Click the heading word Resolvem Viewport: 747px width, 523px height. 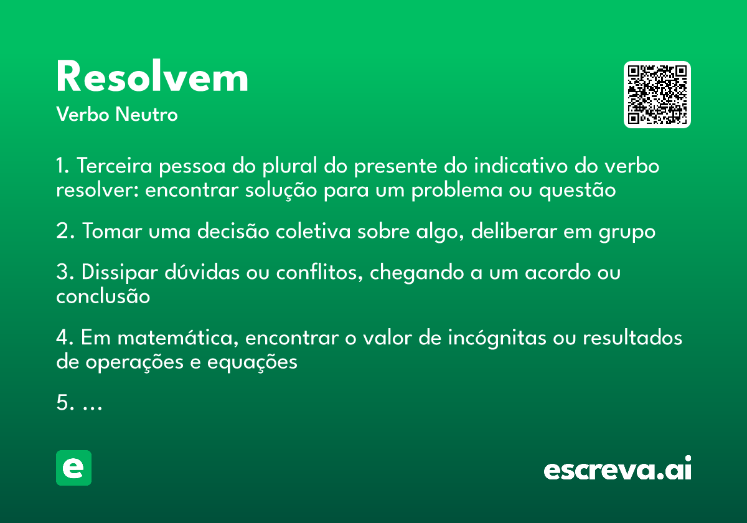pyautogui.click(x=152, y=78)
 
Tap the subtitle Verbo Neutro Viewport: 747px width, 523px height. pyautogui.click(x=117, y=115)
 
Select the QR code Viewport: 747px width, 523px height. pyautogui.click(x=657, y=95)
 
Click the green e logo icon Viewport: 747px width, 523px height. pyautogui.click(x=73, y=468)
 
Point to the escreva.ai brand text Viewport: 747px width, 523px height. pyautogui.click(x=618, y=469)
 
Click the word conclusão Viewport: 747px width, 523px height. pyautogui.click(x=103, y=296)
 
